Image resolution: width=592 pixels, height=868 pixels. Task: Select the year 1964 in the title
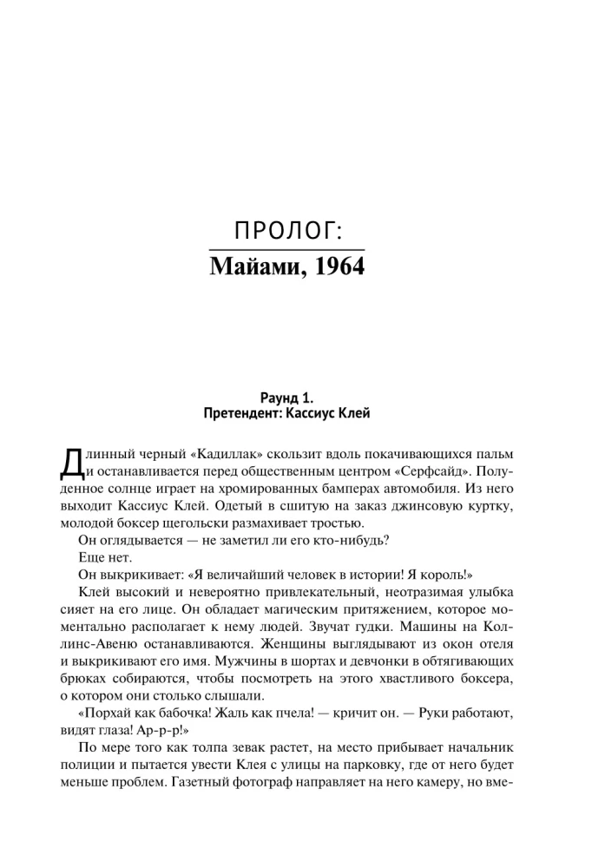(x=340, y=266)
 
